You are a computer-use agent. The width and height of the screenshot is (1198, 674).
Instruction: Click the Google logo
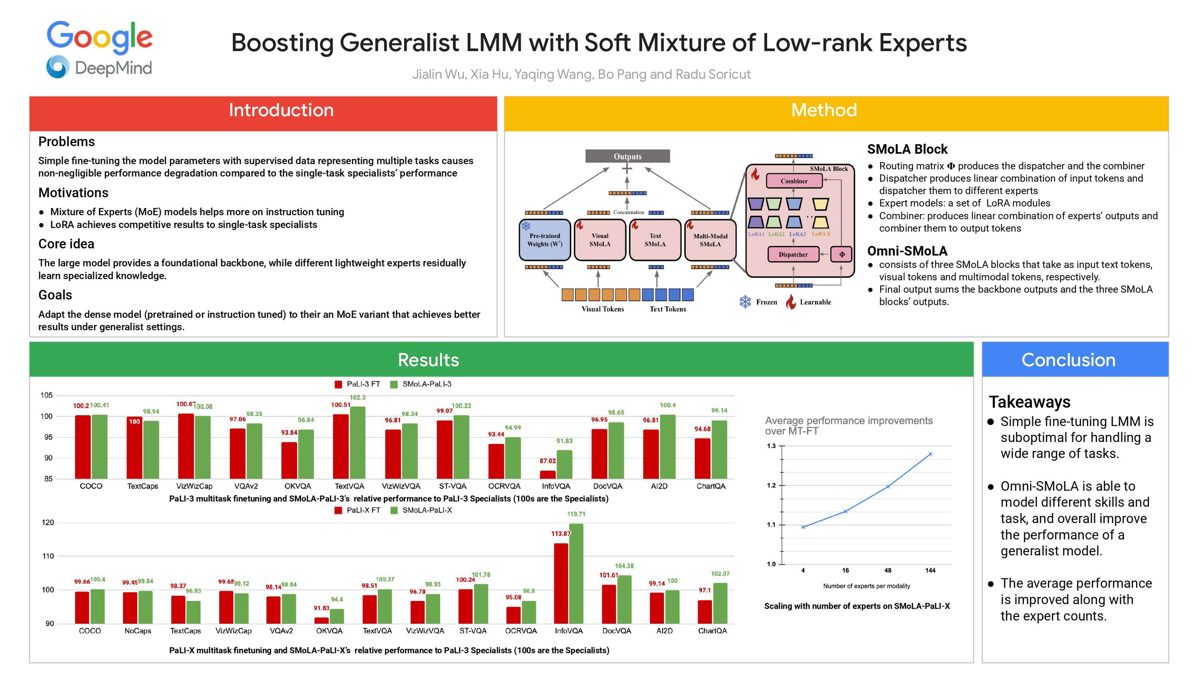99,37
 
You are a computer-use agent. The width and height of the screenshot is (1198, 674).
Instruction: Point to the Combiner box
794,181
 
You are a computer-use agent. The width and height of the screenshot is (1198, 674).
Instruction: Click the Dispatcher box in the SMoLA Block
793,254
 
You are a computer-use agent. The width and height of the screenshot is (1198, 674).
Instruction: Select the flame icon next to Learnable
791,302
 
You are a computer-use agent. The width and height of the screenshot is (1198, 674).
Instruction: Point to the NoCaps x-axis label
138,631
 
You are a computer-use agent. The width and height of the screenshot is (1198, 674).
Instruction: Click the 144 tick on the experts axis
930,570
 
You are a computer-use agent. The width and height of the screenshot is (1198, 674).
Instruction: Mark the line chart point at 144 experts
930,454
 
